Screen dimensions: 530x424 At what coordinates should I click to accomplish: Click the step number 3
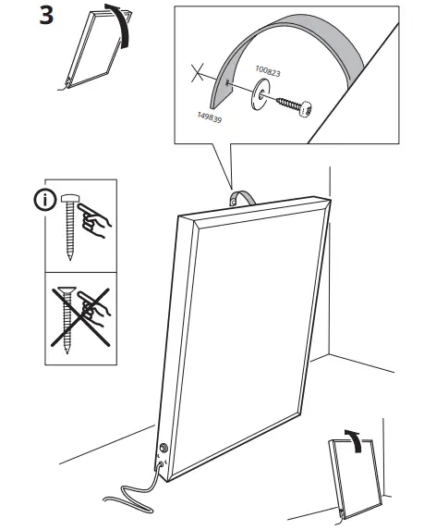[43, 18]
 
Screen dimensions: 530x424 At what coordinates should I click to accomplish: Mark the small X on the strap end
[197, 74]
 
